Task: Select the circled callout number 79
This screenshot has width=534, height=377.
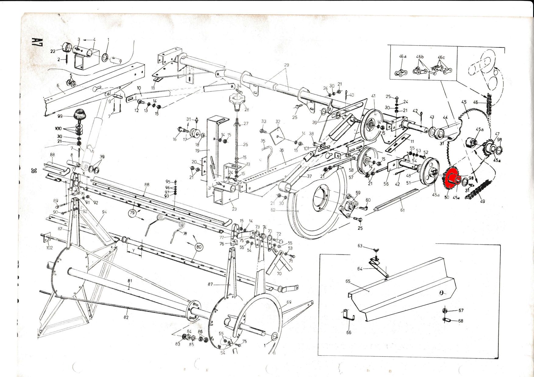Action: [x=132, y=213]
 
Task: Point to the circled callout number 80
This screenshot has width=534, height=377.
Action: [x=198, y=247]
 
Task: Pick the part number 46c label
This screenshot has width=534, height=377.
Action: [x=441, y=57]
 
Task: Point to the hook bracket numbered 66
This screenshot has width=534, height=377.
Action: [x=347, y=315]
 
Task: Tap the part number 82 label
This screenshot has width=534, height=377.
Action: [x=126, y=317]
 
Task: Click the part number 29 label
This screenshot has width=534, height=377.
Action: [x=286, y=65]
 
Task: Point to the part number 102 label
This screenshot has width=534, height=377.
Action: [x=49, y=247]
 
